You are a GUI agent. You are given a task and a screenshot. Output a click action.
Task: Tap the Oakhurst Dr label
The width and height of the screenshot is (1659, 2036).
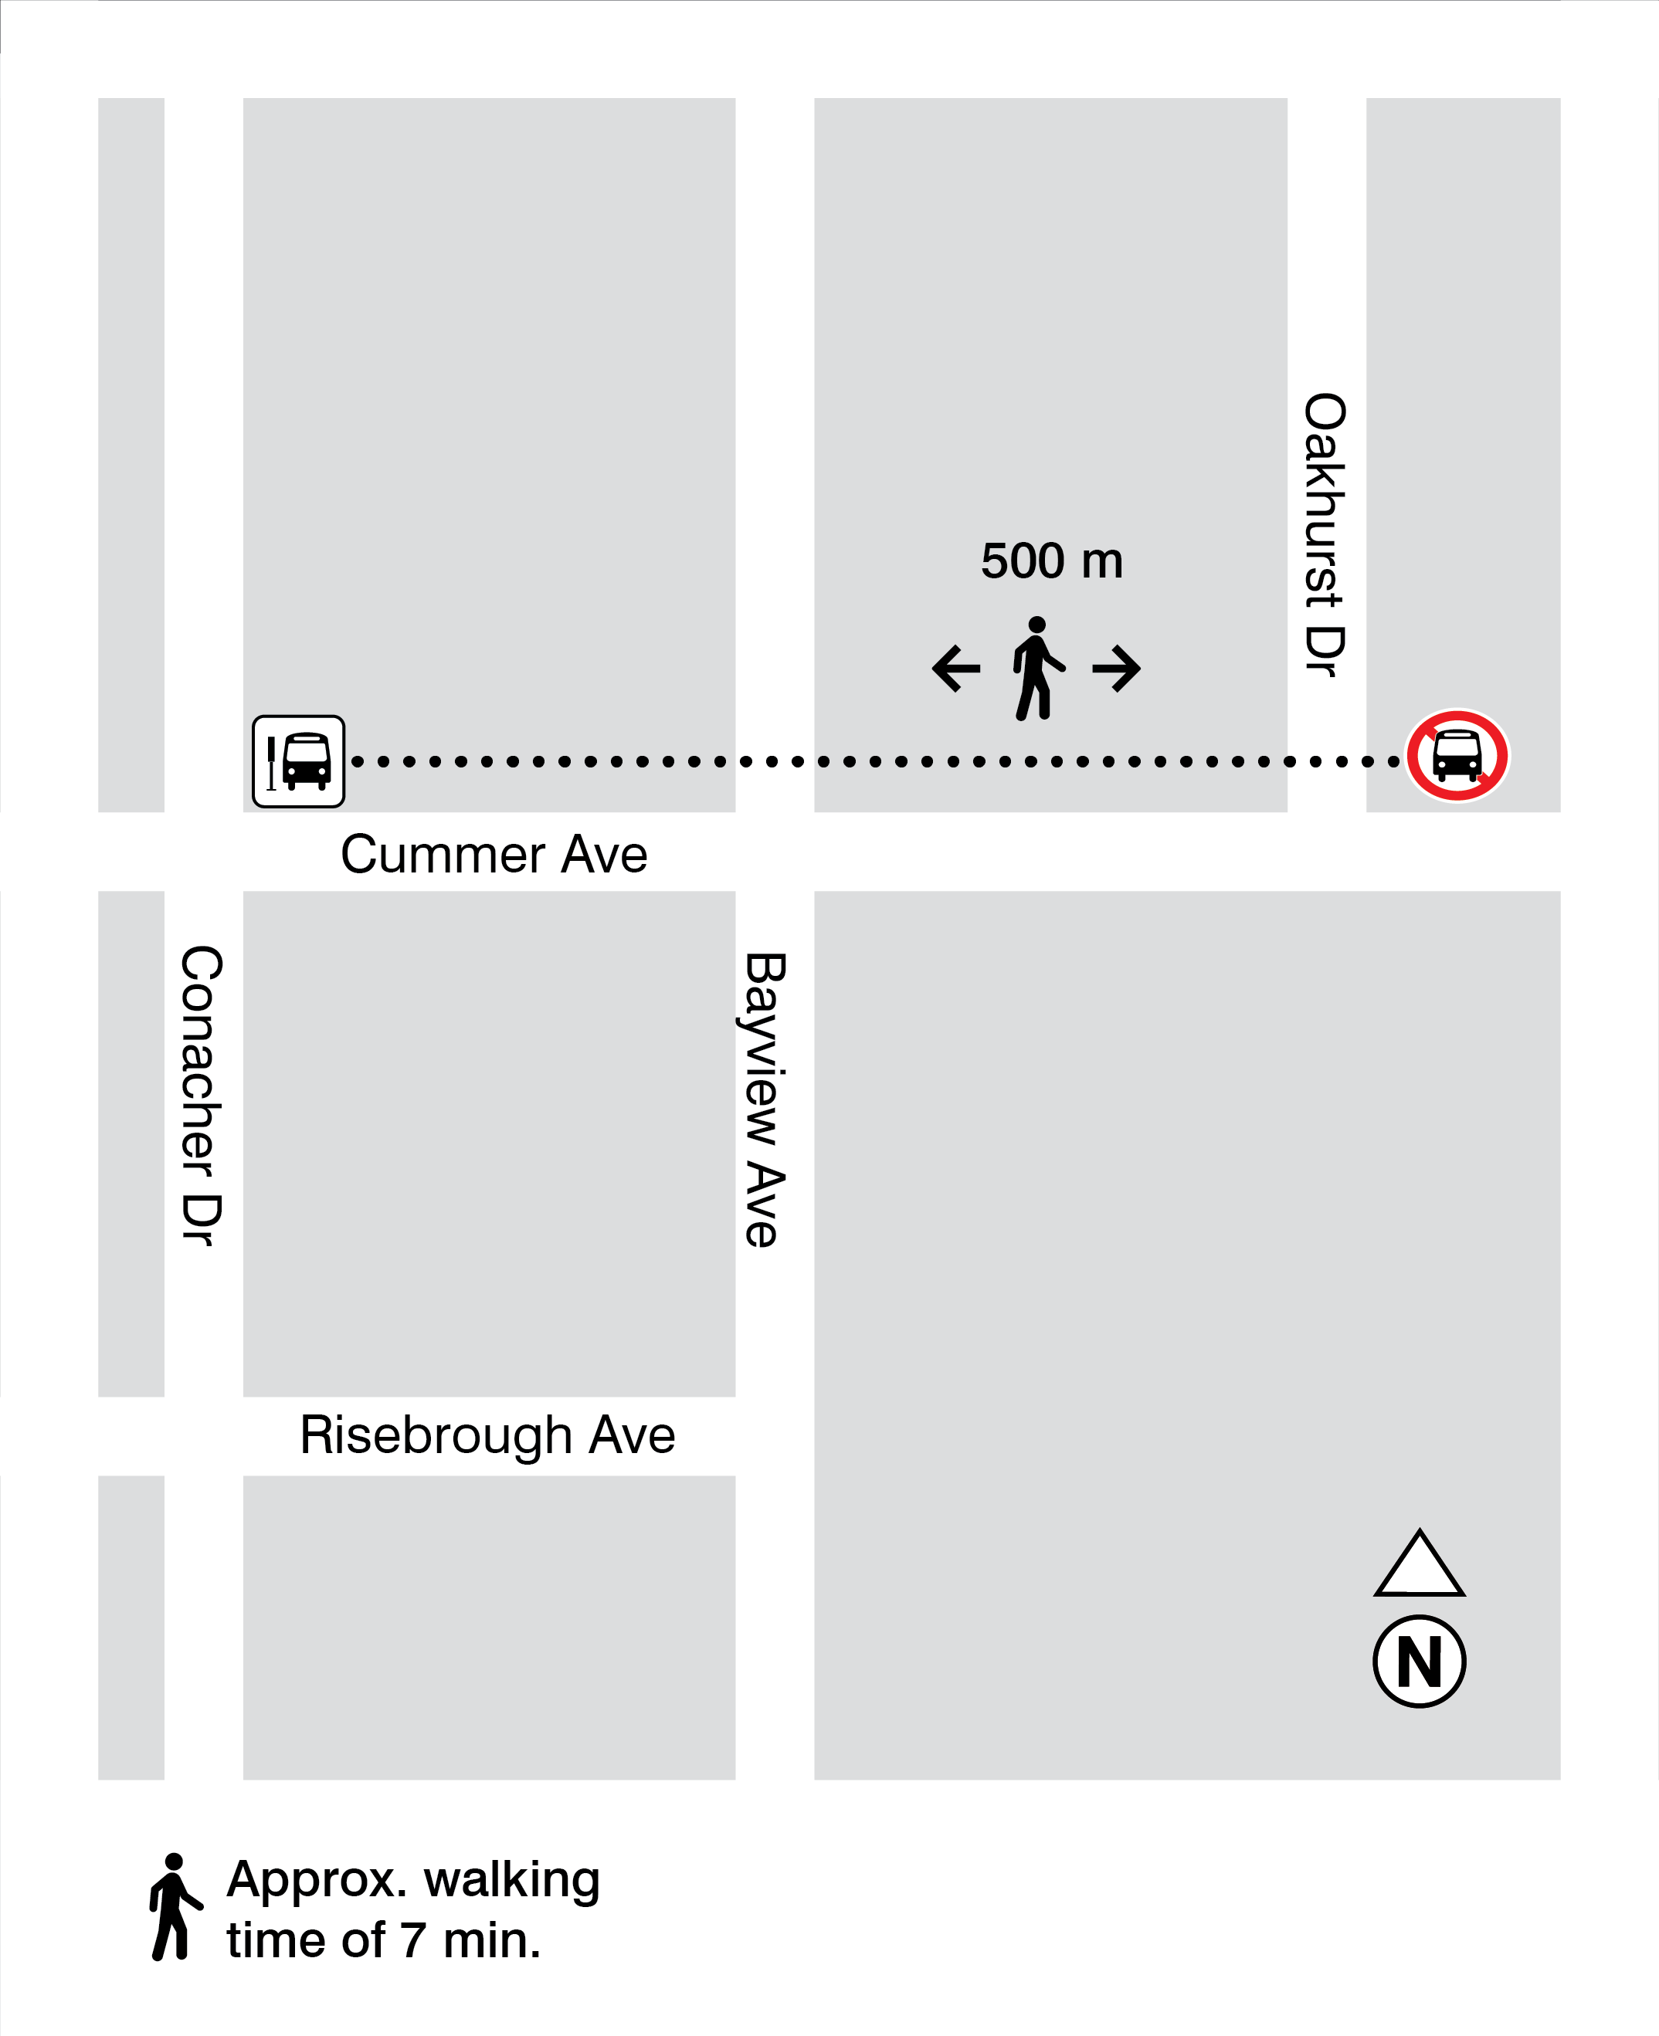click(1325, 534)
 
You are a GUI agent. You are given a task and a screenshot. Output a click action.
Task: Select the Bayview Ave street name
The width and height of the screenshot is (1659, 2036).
click(765, 1099)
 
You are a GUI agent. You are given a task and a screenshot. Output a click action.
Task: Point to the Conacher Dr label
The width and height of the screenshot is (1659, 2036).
click(201, 1095)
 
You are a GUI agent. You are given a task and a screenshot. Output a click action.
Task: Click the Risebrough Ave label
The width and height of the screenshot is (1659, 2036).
click(487, 1435)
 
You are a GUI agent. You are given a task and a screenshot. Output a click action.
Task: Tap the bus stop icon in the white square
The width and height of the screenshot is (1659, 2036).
click(298, 761)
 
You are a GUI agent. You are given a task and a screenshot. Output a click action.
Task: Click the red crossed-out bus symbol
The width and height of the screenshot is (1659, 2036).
click(1457, 756)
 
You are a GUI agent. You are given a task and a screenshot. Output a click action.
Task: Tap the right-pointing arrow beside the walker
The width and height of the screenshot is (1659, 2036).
click(1116, 668)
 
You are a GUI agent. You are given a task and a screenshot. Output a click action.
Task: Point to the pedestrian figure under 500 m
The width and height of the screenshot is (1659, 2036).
click(1036, 668)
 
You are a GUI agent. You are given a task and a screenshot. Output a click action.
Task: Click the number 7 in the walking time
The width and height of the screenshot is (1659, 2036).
click(413, 1940)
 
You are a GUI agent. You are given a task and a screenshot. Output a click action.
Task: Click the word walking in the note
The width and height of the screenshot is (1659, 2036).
click(512, 1880)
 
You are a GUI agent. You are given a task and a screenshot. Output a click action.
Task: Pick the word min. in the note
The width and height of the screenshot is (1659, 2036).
click(492, 1940)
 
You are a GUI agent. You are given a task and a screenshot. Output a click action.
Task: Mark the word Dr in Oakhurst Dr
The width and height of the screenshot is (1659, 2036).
click(1325, 652)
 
